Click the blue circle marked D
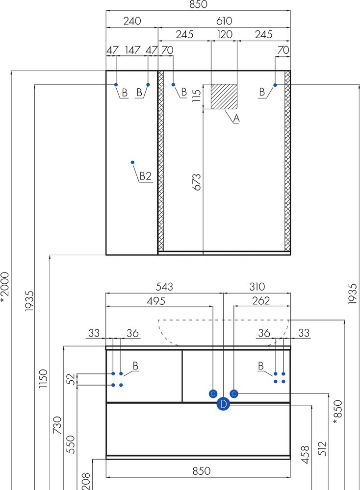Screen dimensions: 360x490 (x=223, y=404)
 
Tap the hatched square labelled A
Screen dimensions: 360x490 (x=224, y=96)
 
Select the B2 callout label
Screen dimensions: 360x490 (x=146, y=176)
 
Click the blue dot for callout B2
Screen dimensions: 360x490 (x=132, y=162)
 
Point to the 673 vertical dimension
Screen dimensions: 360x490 (x=197, y=182)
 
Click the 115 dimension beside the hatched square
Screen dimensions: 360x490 (x=197, y=96)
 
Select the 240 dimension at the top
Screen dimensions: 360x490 (x=132, y=21)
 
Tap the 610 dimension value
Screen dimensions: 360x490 (x=224, y=21)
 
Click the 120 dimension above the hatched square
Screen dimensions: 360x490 (x=225, y=34)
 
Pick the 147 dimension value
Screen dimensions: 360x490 (x=132, y=50)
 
